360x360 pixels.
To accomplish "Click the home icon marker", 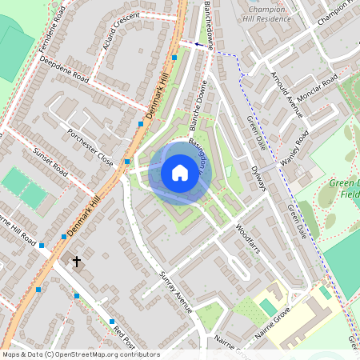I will [179, 173].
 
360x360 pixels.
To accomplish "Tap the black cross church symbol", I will [78, 261].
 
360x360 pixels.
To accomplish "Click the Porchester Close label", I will [90, 145].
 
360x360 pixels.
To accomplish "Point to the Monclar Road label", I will [318, 86].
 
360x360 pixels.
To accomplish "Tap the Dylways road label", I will [258, 178].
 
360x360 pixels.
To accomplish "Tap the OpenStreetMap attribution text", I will [80, 354].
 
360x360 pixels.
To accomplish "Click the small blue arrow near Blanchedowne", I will [198, 45].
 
